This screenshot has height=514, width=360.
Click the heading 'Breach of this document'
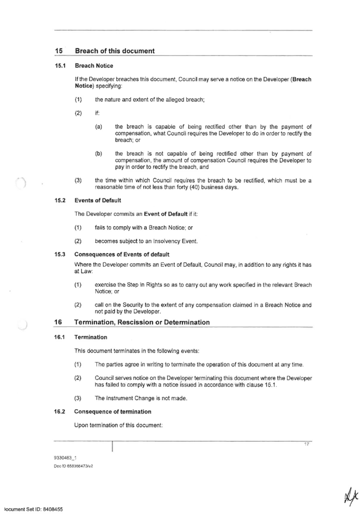tap(115, 51)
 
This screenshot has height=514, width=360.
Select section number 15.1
tap(60, 66)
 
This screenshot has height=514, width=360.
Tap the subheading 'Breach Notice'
tap(94, 66)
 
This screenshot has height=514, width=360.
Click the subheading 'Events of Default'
tap(98, 200)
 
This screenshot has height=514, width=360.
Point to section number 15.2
tap(60, 200)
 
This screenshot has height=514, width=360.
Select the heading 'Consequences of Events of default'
tap(122, 254)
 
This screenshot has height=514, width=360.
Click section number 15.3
tap(60, 254)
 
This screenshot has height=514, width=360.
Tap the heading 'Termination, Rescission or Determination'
tap(143, 322)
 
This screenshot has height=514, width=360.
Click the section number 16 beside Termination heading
tap(58, 322)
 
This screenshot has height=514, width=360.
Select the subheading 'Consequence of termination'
tap(113, 412)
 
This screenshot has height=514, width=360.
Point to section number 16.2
tap(60, 412)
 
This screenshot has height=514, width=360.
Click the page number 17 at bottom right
tap(307, 444)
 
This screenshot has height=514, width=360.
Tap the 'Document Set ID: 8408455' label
tap(32, 510)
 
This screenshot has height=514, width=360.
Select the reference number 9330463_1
tap(64, 457)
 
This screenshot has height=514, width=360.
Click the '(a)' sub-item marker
tap(99, 127)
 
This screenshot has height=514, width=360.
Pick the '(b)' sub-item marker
tap(99, 154)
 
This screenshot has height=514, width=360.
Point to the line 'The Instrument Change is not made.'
tap(141, 398)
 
